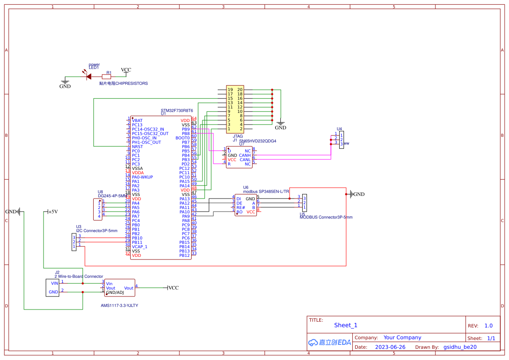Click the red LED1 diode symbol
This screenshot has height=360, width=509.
[x=88, y=76]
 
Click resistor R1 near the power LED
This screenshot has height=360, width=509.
[x=106, y=77]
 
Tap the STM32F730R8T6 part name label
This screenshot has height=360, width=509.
[x=177, y=111]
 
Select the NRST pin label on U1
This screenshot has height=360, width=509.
[x=137, y=147]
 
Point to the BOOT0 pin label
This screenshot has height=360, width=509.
[x=182, y=138]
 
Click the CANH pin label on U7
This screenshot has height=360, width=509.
[x=245, y=155]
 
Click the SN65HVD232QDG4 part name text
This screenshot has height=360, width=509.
[x=257, y=141]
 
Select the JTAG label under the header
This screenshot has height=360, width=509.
[x=238, y=136]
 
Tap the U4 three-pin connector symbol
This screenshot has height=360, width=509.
[x=341, y=139]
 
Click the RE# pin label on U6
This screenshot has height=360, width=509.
[x=240, y=208]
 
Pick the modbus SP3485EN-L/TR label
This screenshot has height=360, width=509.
[x=266, y=192]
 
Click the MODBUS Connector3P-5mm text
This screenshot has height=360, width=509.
[x=326, y=217]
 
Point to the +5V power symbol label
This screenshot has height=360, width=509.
[x=53, y=212]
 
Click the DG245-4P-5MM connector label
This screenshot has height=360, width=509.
[x=112, y=196]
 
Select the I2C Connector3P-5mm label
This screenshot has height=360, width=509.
[x=97, y=231]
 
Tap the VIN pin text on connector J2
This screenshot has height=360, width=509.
[x=54, y=283]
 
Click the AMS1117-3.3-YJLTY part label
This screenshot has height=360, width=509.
[x=119, y=306]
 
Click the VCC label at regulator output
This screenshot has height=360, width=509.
[x=173, y=288]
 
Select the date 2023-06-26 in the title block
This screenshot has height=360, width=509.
[x=390, y=347]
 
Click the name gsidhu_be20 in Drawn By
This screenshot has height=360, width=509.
[x=460, y=347]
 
